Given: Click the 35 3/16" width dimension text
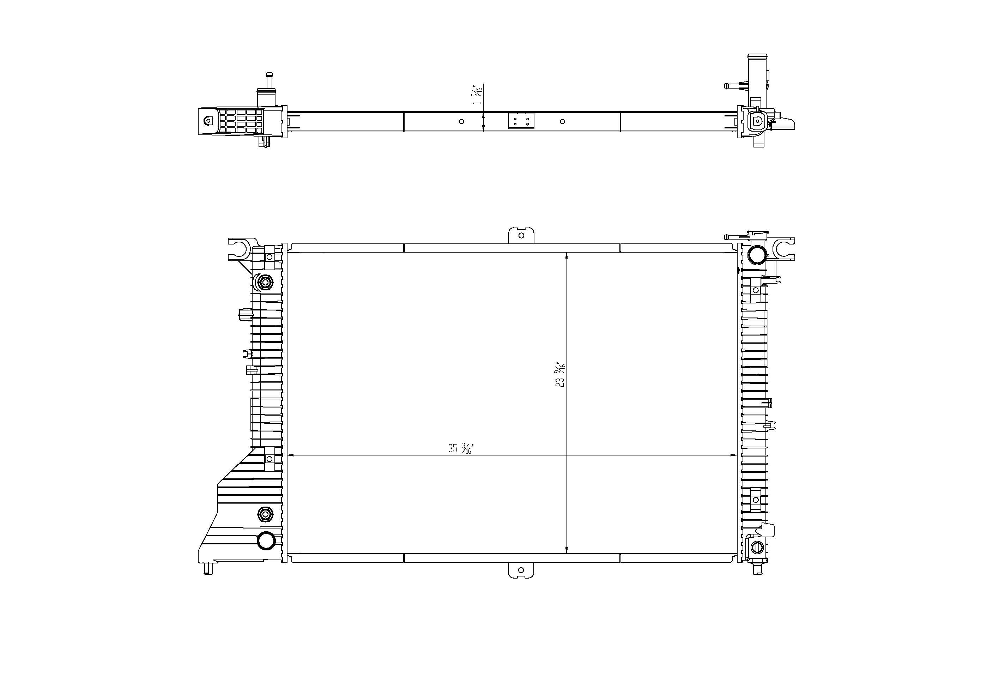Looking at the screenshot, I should point(460,448).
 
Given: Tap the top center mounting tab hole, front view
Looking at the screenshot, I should point(521,235).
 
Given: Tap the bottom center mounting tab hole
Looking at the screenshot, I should point(521,570).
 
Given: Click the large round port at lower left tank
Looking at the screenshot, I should point(266,540).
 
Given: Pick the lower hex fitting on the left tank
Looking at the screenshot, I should point(265,514).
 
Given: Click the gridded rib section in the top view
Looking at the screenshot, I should point(241,121).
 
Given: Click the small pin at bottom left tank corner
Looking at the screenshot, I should point(208,569).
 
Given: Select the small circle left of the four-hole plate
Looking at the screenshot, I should point(461,122).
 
